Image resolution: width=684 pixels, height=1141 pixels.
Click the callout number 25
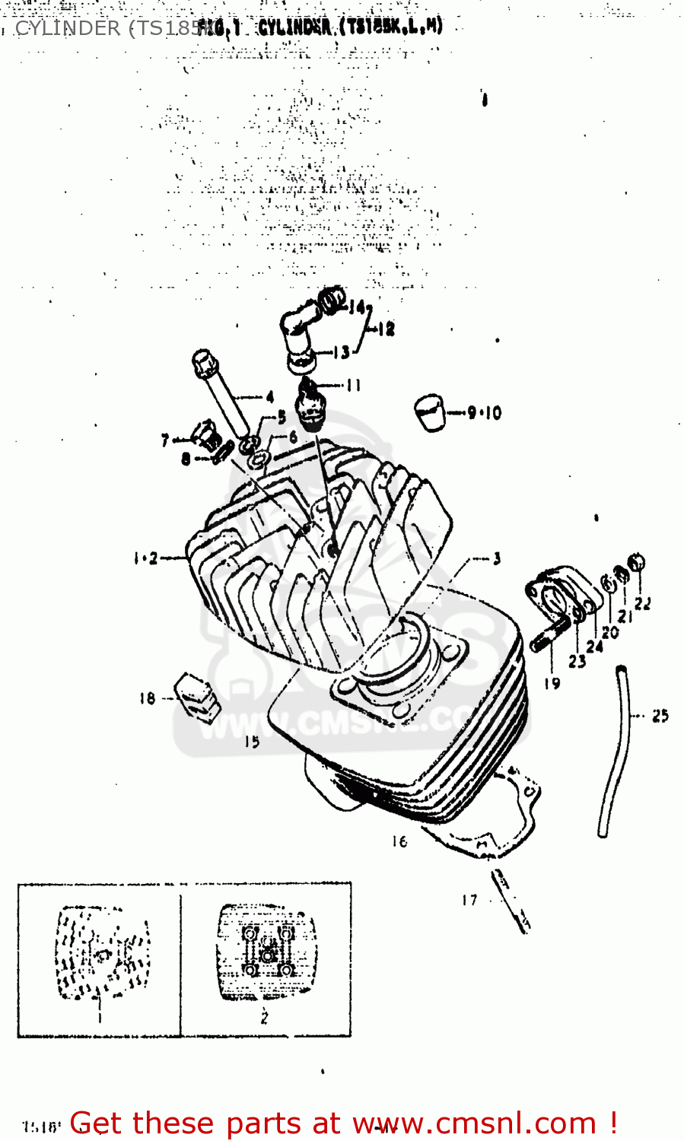(x=660, y=715)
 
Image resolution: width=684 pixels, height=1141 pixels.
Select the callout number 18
(x=147, y=698)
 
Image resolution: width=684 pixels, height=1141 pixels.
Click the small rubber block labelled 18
(x=196, y=695)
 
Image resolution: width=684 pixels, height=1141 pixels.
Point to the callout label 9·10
(x=485, y=413)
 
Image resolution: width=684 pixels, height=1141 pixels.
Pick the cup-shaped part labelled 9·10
(x=431, y=412)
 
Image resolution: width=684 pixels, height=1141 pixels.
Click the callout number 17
(x=469, y=900)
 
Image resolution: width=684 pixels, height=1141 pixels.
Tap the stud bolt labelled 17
(x=511, y=901)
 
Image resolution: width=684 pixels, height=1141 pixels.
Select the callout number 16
(x=399, y=841)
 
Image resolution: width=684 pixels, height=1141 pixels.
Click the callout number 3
(x=497, y=559)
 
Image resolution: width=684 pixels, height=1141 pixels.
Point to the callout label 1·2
(x=145, y=558)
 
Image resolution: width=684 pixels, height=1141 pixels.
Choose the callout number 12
(x=387, y=329)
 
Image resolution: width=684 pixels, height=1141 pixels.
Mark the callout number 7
(x=165, y=440)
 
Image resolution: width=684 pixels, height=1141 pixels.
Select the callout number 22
(x=643, y=603)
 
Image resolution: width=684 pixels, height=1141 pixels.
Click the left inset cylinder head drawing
(x=101, y=953)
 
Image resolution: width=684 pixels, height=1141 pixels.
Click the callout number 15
(x=252, y=742)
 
